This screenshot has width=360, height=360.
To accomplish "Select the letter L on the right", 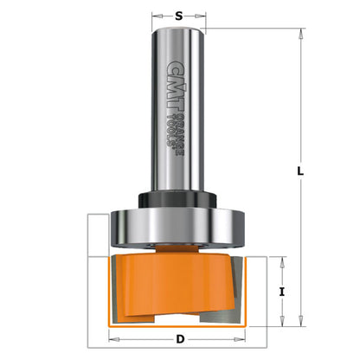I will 299,171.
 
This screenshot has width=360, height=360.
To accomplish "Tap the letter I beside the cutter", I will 282,292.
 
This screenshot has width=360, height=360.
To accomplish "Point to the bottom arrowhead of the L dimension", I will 300,324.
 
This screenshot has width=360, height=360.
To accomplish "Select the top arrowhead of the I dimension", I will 283,260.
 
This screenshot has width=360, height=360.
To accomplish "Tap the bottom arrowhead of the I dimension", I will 283,324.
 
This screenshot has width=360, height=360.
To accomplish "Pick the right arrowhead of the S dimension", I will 204,16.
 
